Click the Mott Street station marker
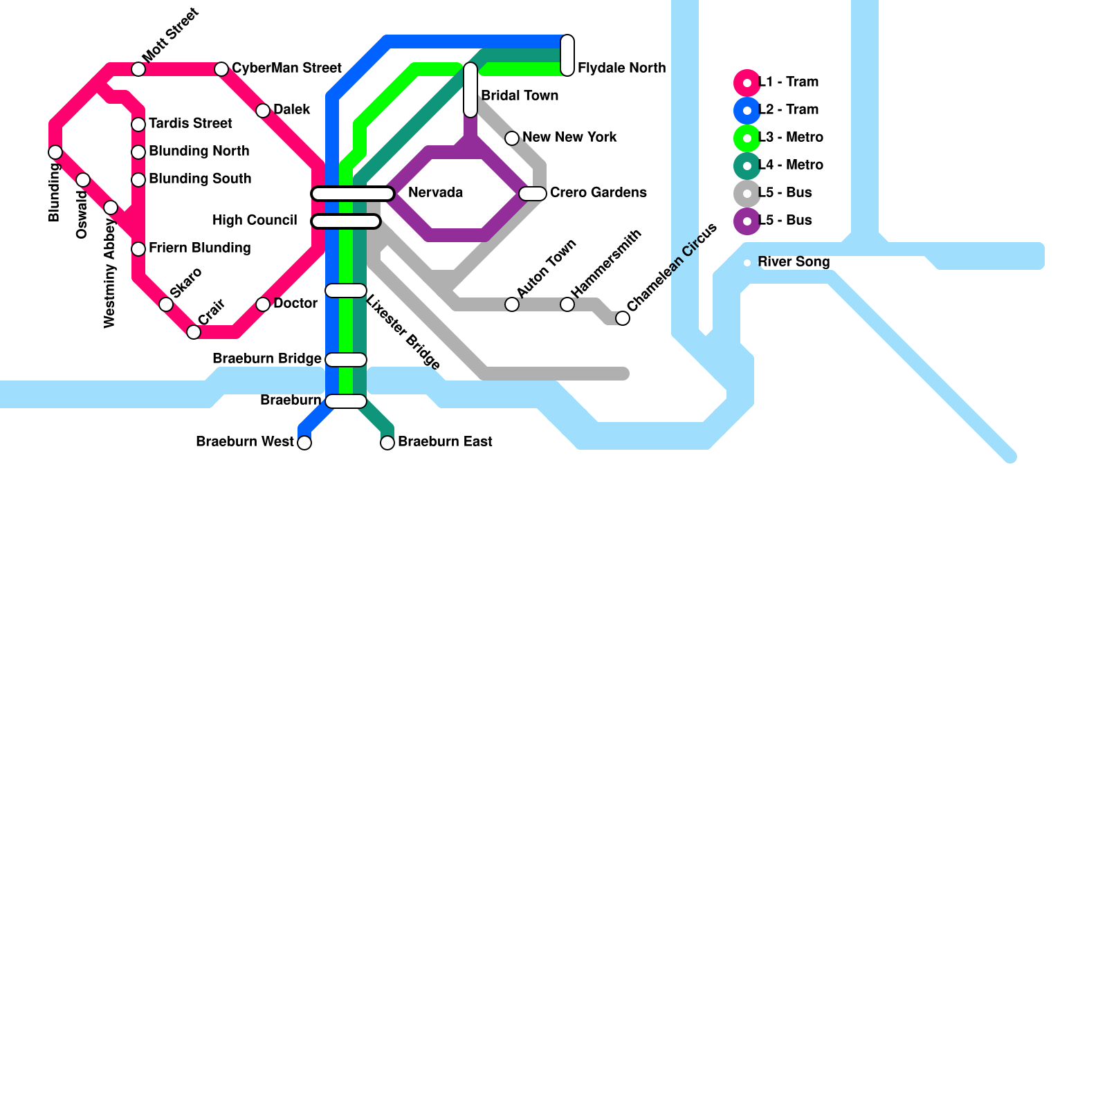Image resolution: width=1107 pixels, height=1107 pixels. pos(138,69)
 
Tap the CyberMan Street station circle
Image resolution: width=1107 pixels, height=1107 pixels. pos(221,69)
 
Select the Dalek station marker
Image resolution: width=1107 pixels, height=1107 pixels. pos(263,111)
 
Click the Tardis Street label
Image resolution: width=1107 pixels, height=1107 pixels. pos(190,123)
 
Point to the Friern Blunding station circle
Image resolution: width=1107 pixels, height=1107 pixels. pos(138,249)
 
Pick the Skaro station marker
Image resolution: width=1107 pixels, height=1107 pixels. pos(166,304)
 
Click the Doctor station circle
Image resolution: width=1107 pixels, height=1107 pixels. pos(263,304)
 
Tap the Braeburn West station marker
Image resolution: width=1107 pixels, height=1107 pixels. pos(304,443)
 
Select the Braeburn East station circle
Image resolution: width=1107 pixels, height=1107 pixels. pos(387,443)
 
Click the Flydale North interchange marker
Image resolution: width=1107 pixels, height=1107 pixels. pos(567,55)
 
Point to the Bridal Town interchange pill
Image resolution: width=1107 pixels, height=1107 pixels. pos(470,90)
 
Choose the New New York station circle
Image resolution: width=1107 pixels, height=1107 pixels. pos(512,138)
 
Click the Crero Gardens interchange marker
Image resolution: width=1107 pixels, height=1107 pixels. pos(533,194)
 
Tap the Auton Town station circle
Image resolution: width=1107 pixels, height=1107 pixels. pos(512,304)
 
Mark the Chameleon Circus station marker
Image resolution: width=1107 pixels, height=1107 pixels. pos(623,318)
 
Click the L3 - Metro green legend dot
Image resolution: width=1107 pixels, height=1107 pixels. pos(747,138)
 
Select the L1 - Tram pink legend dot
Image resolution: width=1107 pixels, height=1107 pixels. pos(747,83)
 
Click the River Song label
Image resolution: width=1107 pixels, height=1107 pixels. pos(794,262)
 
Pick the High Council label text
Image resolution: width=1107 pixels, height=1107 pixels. pos(255,220)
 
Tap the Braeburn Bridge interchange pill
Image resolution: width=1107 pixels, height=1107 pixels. pos(346,360)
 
